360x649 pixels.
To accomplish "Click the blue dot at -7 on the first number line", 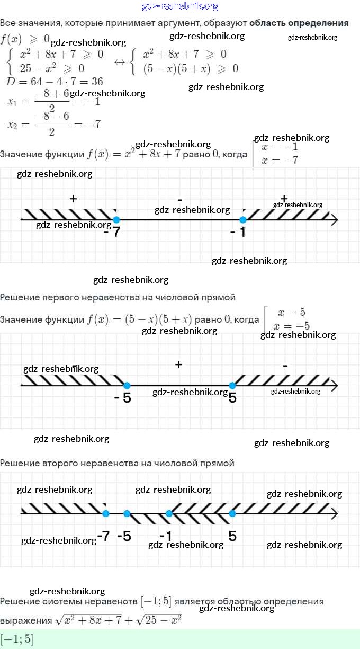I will [116, 219].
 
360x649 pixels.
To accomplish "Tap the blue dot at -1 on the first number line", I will [243, 219].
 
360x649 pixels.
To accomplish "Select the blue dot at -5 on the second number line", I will [127, 386].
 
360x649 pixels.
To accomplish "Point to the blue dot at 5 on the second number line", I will [232, 386].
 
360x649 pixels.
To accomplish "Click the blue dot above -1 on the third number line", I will [169, 513].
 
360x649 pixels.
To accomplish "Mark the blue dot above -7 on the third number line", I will [105, 513].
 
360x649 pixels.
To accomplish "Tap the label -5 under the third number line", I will [124, 536].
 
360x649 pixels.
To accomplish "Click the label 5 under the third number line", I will [232, 536].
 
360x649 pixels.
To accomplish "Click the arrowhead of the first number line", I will [334, 219].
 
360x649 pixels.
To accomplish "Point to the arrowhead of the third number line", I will [334, 513].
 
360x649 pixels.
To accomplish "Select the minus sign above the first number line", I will [180, 200].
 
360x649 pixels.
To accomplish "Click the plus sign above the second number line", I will [179, 364].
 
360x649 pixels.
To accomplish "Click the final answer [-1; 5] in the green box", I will [17, 639].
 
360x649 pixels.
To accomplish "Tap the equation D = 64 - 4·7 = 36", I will [54, 82].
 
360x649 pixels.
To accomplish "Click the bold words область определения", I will [299, 23].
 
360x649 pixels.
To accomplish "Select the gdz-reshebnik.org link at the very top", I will [180, 6].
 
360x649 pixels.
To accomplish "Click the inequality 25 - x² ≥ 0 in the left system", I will [52, 68].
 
